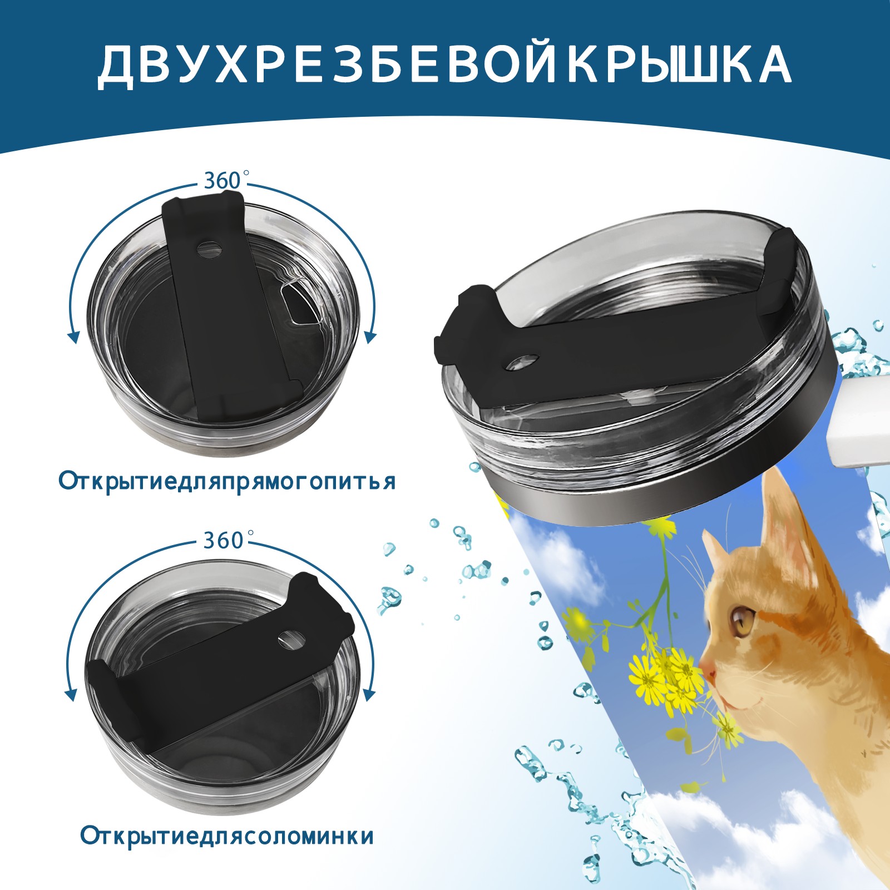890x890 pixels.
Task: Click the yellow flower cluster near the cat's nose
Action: tap(667, 679)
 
